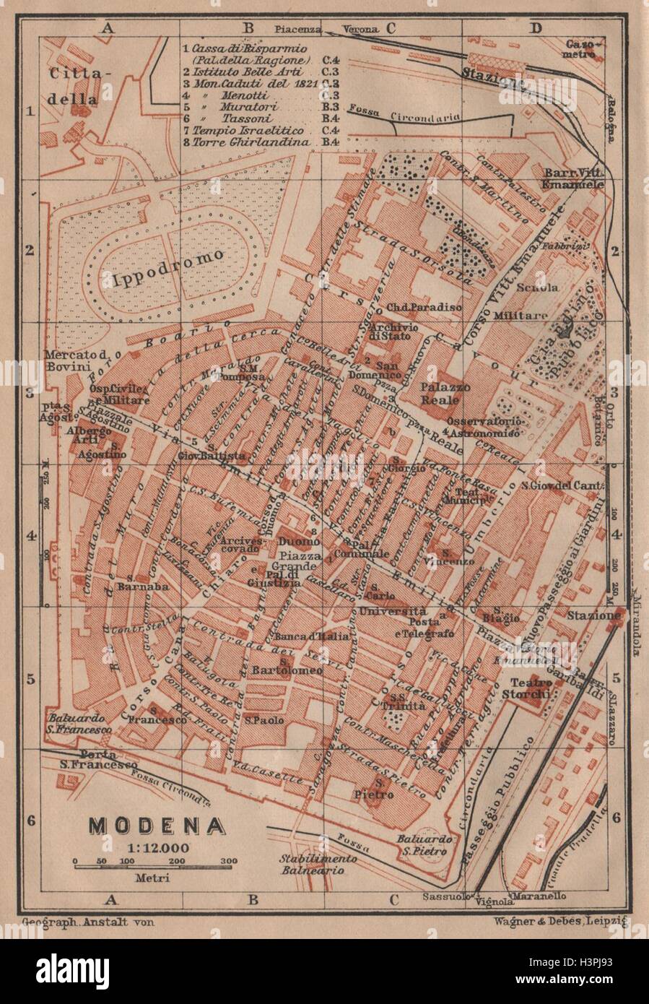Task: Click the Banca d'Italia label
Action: click(312, 636)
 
